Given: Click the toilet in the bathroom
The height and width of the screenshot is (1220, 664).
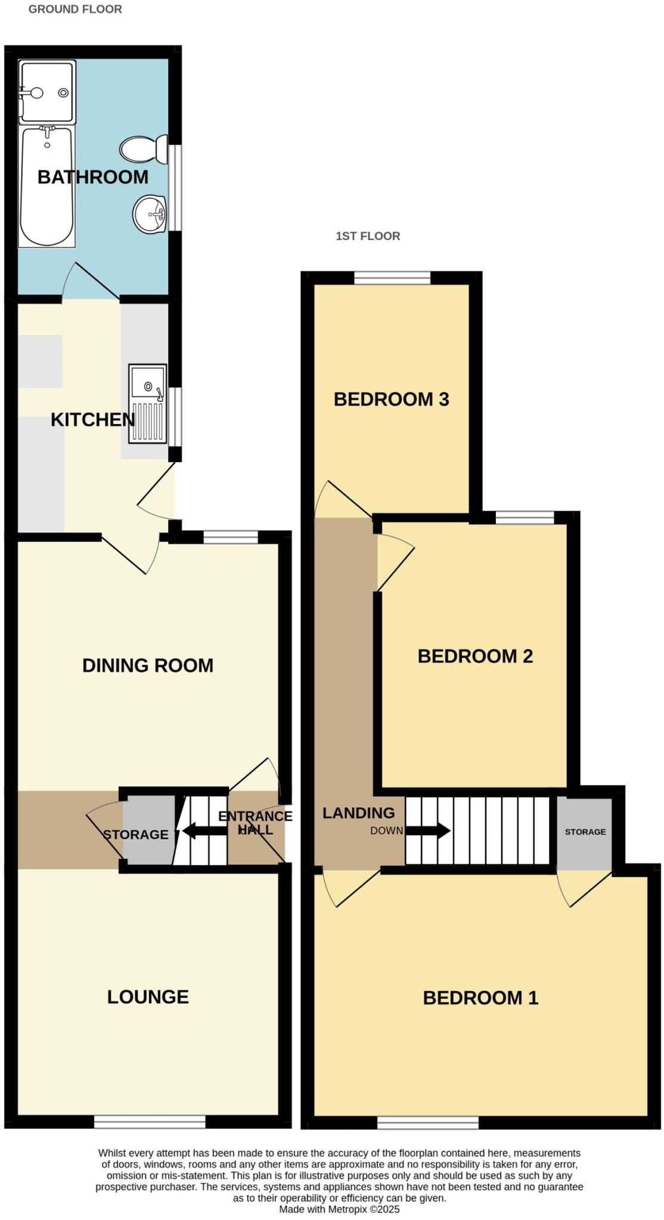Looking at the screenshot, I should (x=144, y=149).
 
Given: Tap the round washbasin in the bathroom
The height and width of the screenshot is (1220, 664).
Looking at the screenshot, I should (x=149, y=214).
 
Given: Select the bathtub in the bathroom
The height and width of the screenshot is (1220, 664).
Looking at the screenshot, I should (x=47, y=186).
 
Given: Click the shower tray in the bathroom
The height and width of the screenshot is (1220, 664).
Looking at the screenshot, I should (x=48, y=91).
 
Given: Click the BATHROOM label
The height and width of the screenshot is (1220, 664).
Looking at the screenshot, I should (x=92, y=177).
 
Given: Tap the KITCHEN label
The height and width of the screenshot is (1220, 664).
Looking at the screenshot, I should (x=92, y=419).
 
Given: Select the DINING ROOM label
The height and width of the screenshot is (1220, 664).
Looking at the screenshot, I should (x=147, y=665).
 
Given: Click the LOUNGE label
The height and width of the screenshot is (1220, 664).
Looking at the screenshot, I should (x=148, y=997).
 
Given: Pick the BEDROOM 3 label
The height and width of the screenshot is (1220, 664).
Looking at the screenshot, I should (x=391, y=399).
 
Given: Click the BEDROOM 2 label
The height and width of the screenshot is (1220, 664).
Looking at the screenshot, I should (x=475, y=656).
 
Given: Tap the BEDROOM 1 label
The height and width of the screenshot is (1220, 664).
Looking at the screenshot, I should (x=480, y=998).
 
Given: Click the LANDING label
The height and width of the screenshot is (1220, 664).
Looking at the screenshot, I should (x=358, y=813).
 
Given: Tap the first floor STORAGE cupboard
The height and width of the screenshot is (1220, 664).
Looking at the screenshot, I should (x=585, y=832).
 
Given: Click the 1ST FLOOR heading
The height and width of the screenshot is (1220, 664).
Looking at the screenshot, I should (x=368, y=236).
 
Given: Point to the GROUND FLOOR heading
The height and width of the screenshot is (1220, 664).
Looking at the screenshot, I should (x=75, y=9).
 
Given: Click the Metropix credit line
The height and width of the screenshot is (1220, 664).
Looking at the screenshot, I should (x=339, y=1209).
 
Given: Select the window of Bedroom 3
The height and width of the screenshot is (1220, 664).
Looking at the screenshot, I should (x=392, y=278).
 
